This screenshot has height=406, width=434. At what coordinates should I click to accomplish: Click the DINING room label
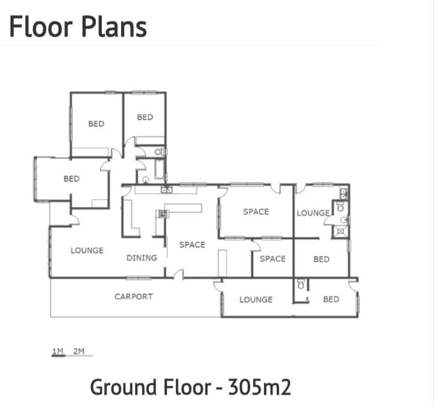point(142,258)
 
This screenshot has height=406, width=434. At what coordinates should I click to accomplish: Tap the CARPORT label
point(134,296)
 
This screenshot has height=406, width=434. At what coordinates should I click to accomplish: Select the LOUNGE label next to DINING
point(87,250)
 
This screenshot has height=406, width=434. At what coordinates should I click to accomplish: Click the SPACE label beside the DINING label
point(192,244)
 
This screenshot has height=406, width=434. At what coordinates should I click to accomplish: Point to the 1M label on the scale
point(58,350)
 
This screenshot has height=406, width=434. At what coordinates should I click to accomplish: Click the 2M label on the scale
point(78,350)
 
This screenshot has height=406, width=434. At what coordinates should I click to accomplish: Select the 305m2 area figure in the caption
point(259,387)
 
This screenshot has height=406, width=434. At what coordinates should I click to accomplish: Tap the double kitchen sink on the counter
point(166,190)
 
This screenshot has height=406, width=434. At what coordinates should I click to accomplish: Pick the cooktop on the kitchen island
point(162,213)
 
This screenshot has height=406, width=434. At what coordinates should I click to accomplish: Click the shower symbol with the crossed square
point(341,230)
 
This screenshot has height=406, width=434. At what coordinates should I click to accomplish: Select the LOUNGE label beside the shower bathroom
point(312,213)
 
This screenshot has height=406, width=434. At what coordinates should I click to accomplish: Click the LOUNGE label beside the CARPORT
point(256,299)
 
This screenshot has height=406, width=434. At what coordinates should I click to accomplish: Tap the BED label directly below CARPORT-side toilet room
point(331,299)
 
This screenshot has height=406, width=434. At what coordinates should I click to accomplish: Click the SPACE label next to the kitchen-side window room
point(256,212)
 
